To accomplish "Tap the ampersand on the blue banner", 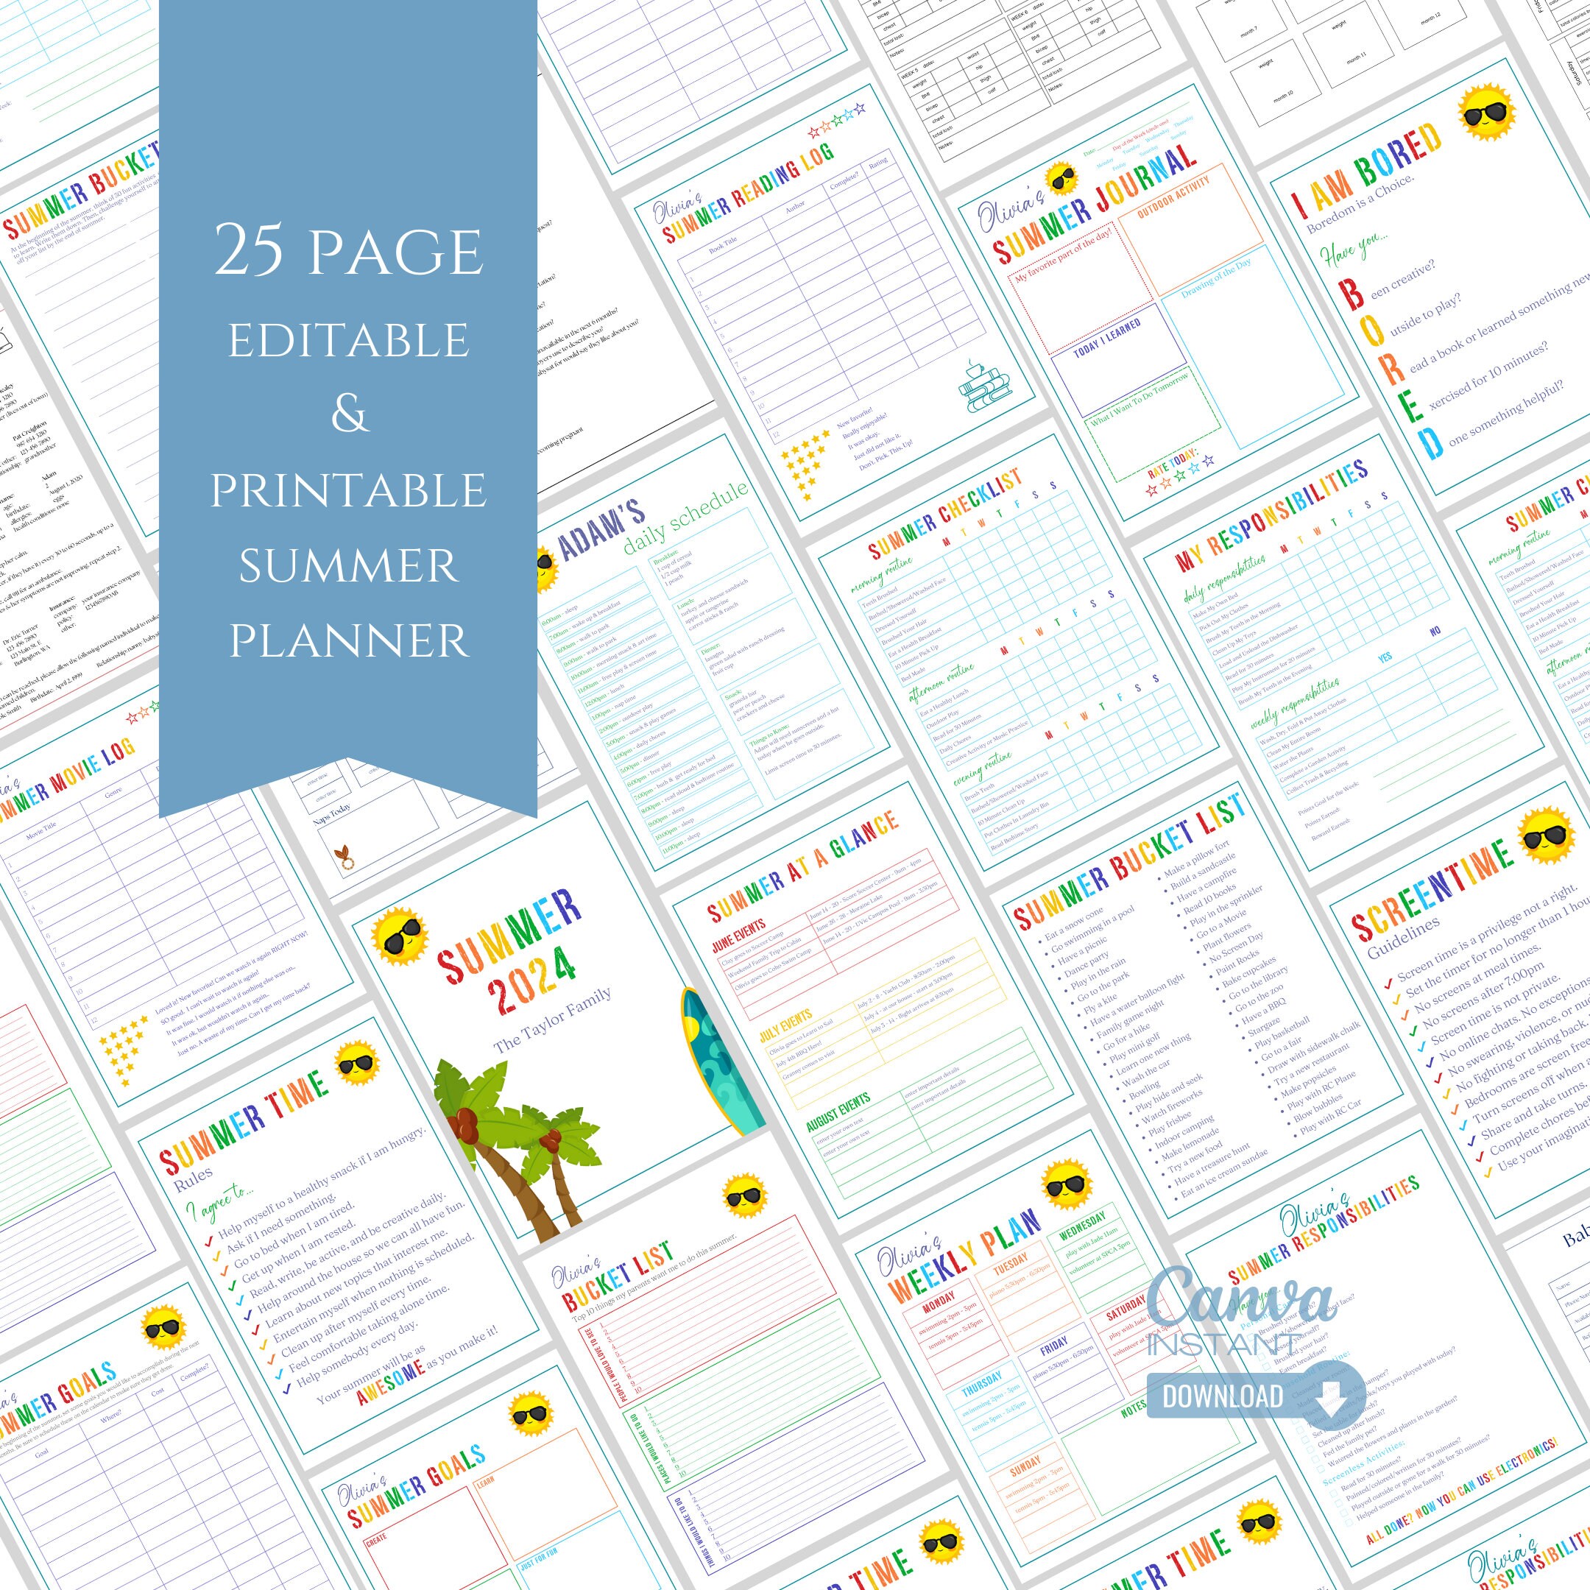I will pyautogui.click(x=349, y=414).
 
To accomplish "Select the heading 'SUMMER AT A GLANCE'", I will pyautogui.click(x=803, y=866).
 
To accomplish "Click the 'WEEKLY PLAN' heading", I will pyautogui.click(x=964, y=1260).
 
